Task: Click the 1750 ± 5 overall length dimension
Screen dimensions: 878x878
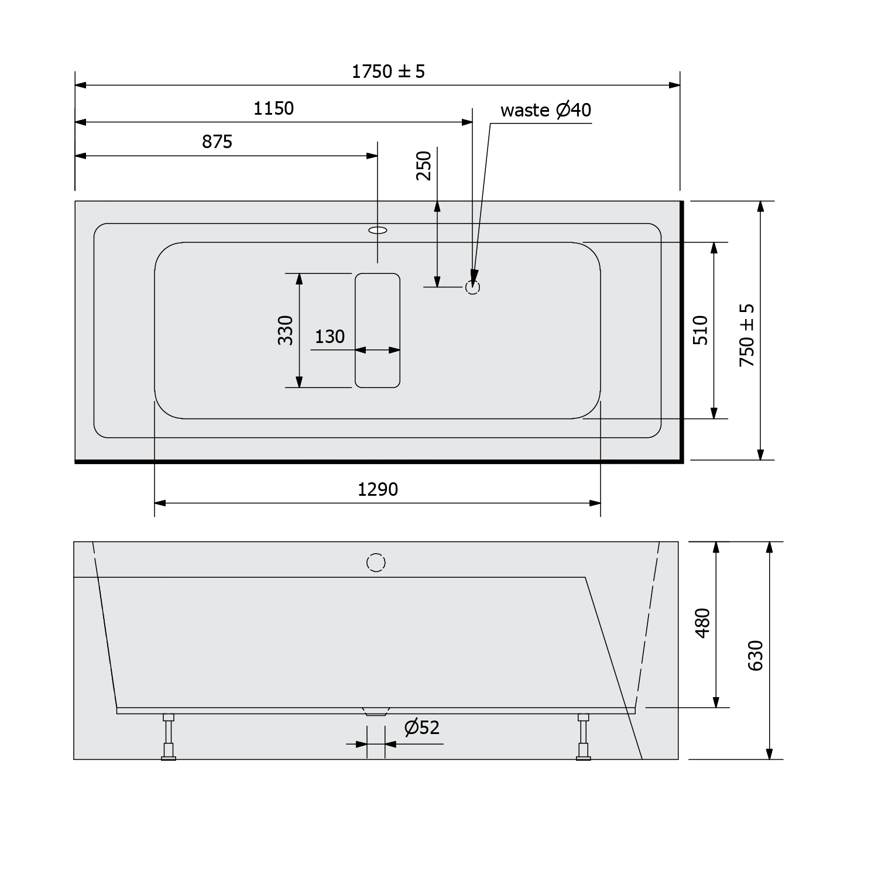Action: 388,71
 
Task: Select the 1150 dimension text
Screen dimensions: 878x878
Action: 273,108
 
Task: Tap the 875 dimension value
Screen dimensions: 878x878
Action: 217,142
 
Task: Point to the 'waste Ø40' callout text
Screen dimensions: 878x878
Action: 546,110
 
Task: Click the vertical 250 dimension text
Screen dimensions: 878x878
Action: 424,166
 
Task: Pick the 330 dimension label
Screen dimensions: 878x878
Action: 285,330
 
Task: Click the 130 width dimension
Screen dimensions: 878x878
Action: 330,337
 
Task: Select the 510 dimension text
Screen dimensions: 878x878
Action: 701,330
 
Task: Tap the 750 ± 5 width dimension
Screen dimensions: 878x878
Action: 747,335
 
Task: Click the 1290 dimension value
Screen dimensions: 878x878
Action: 378,489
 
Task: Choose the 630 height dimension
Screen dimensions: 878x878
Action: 756,655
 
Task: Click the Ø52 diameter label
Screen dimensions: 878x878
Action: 421,727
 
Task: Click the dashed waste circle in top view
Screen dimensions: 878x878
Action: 472,287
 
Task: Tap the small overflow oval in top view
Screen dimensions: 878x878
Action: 378,230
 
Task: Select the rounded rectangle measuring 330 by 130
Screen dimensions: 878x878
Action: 378,330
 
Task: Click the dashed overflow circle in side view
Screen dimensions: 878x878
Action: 376,563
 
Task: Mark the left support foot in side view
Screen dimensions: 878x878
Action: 169,738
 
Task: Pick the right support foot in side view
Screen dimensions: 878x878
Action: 583,738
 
